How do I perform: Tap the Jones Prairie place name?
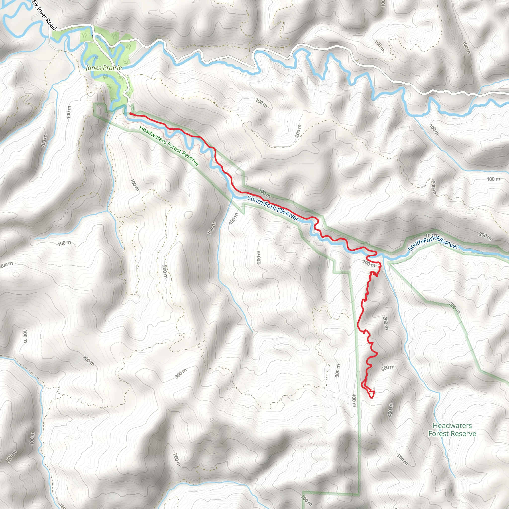104,68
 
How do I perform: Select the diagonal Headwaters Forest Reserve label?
169,145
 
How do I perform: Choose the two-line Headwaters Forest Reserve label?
452,429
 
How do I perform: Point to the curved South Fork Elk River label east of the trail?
433,243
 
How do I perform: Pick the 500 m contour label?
402,459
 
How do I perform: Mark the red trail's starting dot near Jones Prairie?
131,114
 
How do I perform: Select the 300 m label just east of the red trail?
388,368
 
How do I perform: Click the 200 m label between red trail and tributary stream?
385,323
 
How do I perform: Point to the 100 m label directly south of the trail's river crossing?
369,263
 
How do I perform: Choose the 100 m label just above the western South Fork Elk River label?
264,193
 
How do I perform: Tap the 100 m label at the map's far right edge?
493,179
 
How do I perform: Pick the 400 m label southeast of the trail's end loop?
390,410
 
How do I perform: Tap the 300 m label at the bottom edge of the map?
306,500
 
